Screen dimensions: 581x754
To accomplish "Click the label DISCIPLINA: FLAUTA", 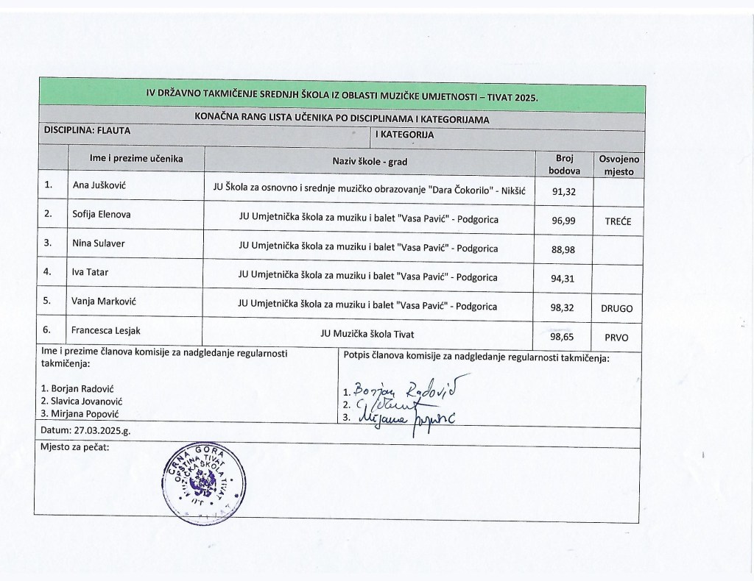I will [91, 129].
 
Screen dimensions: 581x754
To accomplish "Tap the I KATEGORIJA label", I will [404, 135].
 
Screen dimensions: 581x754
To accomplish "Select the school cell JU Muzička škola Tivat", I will [367, 334].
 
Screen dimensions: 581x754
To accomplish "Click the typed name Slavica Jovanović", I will [82, 402].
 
